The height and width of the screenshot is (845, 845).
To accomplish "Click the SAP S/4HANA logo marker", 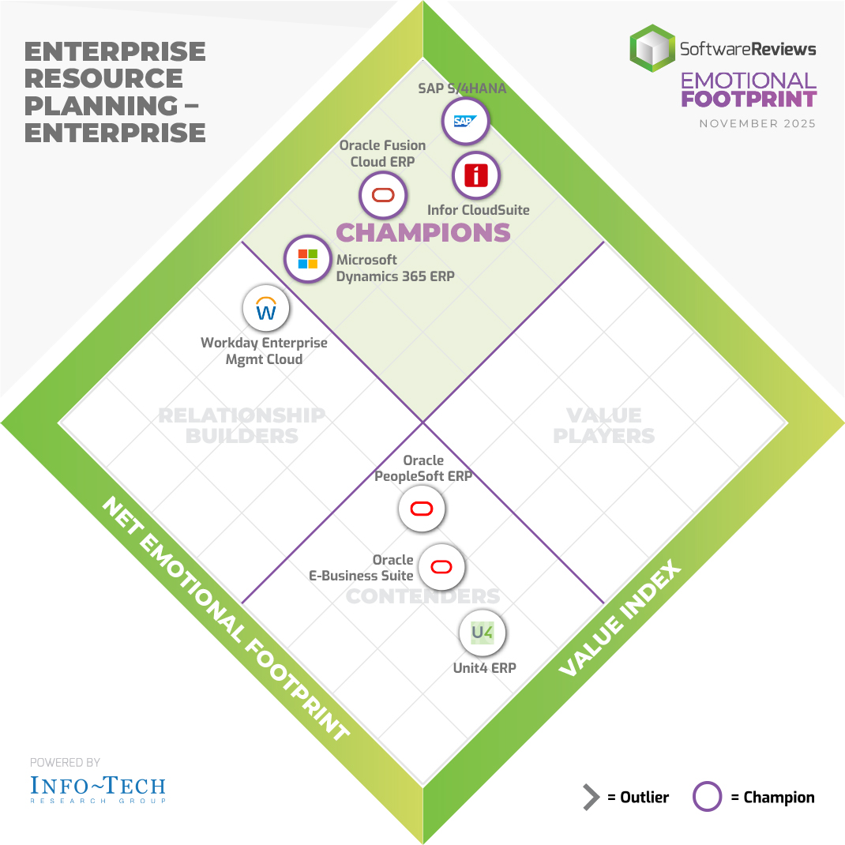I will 465,122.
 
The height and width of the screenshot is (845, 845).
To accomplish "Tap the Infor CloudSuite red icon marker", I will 475,175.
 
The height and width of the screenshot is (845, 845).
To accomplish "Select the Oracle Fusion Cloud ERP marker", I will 383,194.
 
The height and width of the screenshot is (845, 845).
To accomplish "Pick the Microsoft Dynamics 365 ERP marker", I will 307,258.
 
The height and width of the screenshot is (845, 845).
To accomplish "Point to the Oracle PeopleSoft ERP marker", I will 422,509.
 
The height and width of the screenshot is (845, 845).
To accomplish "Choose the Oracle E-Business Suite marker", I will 441,566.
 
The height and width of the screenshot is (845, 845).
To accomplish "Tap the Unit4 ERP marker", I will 482,633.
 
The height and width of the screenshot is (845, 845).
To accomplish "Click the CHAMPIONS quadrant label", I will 423,233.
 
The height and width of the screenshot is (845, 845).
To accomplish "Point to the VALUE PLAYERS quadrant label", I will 604,426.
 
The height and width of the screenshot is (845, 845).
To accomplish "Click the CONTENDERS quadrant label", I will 423,596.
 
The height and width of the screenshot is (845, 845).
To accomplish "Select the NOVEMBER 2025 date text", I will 757,124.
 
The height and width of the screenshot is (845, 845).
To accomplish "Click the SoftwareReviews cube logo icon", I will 652,48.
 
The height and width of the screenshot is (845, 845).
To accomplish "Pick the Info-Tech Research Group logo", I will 97,787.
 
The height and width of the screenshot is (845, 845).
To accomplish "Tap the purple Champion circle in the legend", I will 707,797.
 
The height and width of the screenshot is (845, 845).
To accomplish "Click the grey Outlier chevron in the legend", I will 591,798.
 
